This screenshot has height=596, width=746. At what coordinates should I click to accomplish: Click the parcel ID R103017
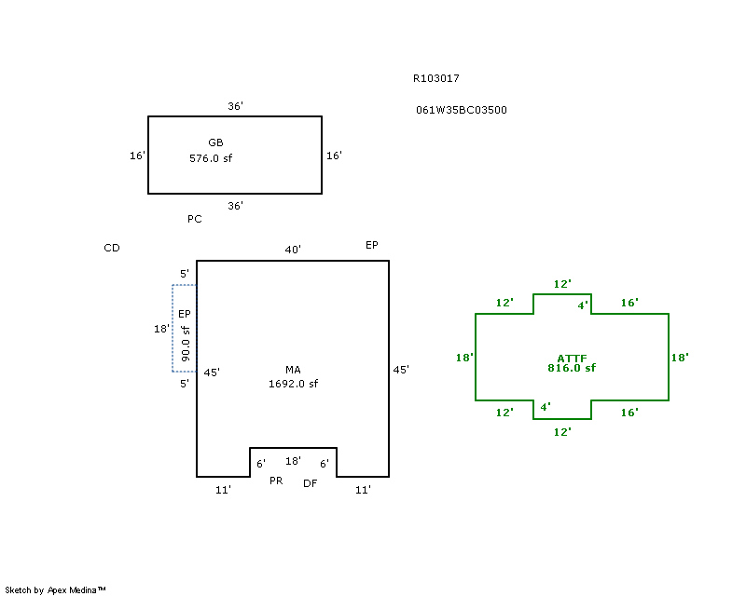click(x=435, y=79)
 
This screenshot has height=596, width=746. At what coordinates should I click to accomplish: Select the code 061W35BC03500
click(x=462, y=110)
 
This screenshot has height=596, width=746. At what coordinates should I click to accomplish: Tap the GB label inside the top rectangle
click(x=215, y=142)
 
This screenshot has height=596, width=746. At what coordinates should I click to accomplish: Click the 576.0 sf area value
click(x=211, y=158)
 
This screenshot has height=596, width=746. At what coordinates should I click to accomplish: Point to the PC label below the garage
click(x=194, y=220)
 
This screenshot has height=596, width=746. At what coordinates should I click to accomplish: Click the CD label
click(x=112, y=248)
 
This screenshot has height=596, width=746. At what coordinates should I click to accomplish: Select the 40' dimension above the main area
click(x=293, y=250)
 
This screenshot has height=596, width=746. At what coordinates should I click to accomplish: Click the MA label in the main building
click(x=293, y=370)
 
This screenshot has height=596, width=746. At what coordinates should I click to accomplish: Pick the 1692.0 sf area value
click(x=293, y=384)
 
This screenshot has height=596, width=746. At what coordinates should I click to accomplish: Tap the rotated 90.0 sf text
click(x=186, y=343)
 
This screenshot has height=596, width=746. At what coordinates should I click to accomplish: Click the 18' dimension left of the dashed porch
click(x=161, y=329)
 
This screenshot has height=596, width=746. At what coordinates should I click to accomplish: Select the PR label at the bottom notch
click(x=276, y=481)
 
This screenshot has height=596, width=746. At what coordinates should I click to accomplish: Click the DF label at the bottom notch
click(x=311, y=482)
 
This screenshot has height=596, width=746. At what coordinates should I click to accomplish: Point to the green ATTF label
click(x=572, y=358)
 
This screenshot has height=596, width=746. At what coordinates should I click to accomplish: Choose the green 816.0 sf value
click(x=572, y=368)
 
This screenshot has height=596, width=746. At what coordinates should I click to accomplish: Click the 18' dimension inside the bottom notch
click(x=293, y=461)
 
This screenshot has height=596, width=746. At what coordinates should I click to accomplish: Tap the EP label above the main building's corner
click(x=371, y=245)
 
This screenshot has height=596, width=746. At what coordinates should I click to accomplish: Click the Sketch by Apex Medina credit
click(x=56, y=589)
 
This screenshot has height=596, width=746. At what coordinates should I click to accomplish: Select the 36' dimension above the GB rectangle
click(x=235, y=107)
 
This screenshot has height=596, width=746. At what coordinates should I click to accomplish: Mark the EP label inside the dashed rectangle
click(x=185, y=314)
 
